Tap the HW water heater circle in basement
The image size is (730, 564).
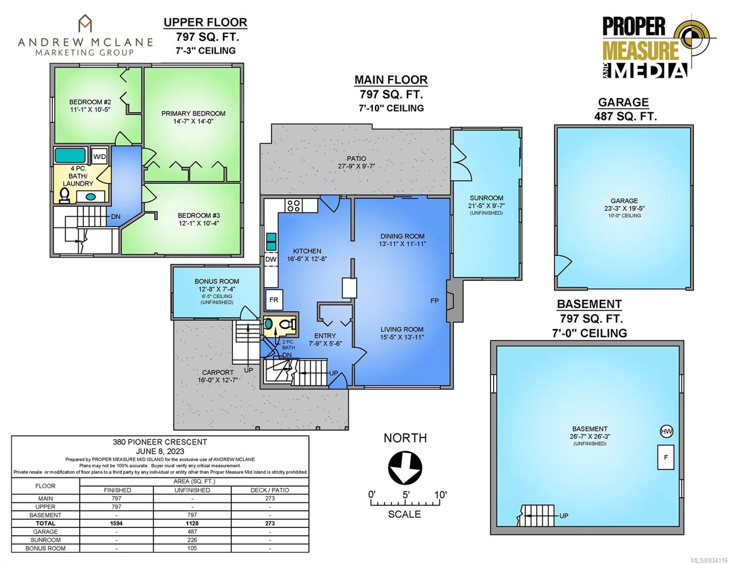(667, 431)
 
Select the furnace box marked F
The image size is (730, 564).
(666, 457)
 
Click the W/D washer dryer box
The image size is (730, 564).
(100, 156)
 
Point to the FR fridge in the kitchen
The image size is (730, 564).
(274, 300)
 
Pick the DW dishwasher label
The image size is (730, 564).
(271, 259)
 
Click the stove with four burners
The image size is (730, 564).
(294, 205)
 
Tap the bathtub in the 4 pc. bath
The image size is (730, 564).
(70, 156)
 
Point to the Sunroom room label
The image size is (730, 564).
(486, 198)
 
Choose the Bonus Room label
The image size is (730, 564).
(217, 282)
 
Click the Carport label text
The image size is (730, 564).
(218, 372)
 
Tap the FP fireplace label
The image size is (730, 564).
(434, 301)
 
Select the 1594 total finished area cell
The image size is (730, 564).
(117, 524)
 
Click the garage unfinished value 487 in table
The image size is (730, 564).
(192, 532)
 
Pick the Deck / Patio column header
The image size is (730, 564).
(270, 490)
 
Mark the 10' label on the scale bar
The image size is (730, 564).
(440, 495)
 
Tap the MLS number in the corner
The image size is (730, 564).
(710, 560)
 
